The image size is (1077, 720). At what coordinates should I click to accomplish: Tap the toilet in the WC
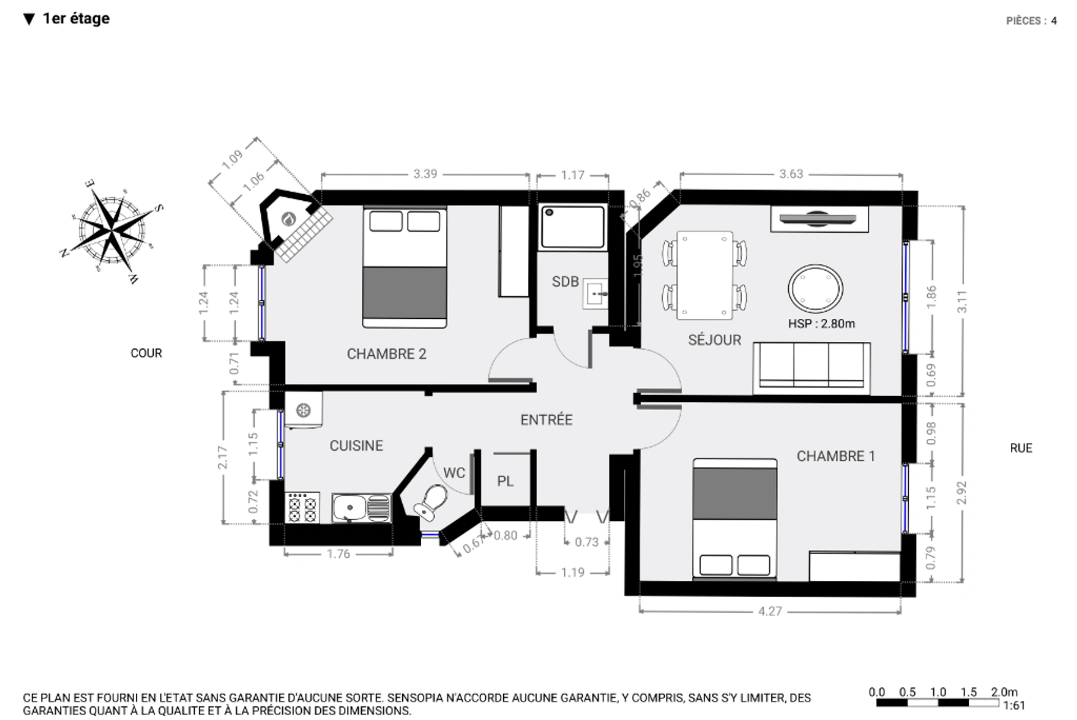tap(431, 502)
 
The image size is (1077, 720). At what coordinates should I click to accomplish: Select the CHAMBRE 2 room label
tap(386, 354)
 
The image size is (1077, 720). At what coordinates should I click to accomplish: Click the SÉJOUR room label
tap(715, 340)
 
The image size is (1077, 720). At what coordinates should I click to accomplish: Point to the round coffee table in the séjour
tap(816, 288)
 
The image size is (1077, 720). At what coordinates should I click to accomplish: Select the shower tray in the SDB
tap(573, 227)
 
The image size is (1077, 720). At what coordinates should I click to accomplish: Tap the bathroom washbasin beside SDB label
tap(596, 293)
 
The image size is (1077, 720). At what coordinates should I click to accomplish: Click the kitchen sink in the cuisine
tap(362, 508)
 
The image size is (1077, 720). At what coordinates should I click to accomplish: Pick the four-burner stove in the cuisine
tap(302, 508)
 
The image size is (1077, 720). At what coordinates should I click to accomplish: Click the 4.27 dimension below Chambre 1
tap(770, 611)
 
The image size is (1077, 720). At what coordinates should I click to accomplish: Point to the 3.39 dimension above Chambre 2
tap(425, 174)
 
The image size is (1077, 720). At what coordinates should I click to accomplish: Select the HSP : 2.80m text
tap(821, 324)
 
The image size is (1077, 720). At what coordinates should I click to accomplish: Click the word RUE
tap(1021, 448)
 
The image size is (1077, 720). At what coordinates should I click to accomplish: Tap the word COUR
tap(146, 353)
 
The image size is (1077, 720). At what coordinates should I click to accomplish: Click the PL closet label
tap(505, 481)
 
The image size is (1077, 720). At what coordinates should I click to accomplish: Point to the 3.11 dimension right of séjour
tap(962, 301)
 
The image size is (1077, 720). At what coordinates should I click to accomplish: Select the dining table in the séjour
tap(705, 275)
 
